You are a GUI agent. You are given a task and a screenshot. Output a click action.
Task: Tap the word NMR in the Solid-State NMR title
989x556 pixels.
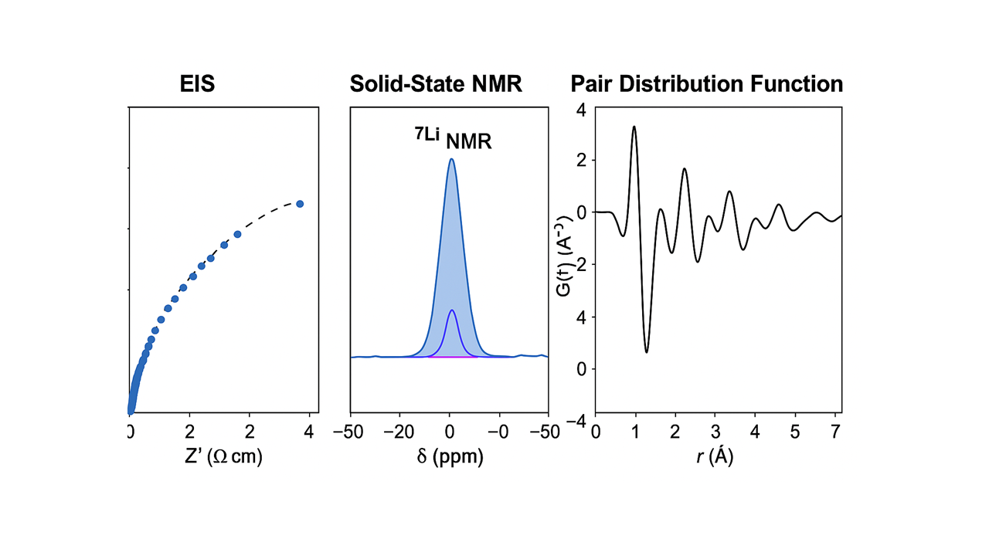point(493,84)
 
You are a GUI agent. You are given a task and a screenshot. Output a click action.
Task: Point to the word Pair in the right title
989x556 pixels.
point(592,84)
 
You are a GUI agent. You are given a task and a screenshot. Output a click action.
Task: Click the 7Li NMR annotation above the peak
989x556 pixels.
point(452,140)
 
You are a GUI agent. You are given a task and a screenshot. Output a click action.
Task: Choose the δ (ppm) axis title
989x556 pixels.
point(450,456)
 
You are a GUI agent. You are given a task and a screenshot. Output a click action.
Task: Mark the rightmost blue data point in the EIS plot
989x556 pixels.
point(300,204)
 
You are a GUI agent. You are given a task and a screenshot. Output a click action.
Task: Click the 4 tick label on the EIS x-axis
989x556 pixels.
point(310,431)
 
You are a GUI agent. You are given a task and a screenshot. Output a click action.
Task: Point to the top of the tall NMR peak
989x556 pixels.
point(451,160)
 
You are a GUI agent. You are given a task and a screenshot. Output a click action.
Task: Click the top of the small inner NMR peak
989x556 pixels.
point(452,310)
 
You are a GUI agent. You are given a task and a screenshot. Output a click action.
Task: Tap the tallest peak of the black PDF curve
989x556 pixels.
point(634,127)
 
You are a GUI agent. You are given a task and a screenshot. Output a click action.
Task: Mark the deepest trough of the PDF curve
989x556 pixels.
point(647,352)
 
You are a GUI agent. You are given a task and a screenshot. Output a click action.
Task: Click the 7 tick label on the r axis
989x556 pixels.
point(834,431)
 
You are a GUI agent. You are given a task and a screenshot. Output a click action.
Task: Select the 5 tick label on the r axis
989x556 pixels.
point(794,431)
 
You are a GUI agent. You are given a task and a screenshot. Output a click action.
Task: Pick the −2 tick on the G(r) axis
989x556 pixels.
point(579,264)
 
